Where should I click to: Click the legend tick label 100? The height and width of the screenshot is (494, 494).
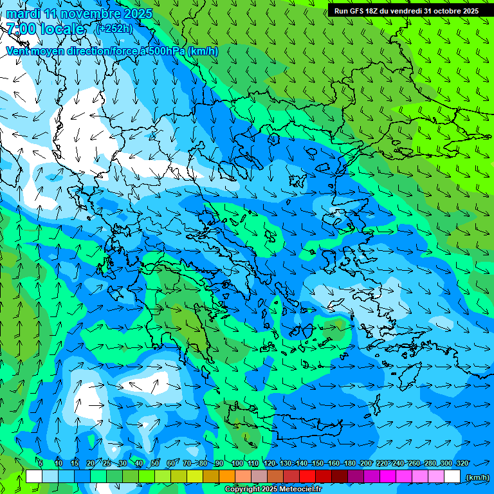point(237,463)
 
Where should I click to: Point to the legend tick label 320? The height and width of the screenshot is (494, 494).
point(462,463)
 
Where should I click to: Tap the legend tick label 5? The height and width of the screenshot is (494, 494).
point(41,463)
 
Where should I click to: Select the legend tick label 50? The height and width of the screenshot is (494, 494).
point(155,463)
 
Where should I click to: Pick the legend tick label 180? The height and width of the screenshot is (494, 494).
point(349,463)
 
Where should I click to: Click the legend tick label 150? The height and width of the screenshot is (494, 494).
point(317,463)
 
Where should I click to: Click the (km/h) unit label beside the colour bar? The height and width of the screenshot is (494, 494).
point(477,477)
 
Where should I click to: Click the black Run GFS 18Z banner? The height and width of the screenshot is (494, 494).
point(406,10)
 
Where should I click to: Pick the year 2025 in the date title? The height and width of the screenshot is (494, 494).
point(138,14)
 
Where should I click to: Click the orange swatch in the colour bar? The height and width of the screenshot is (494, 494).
point(227,476)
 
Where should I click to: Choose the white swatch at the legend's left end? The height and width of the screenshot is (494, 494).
point(34,476)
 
